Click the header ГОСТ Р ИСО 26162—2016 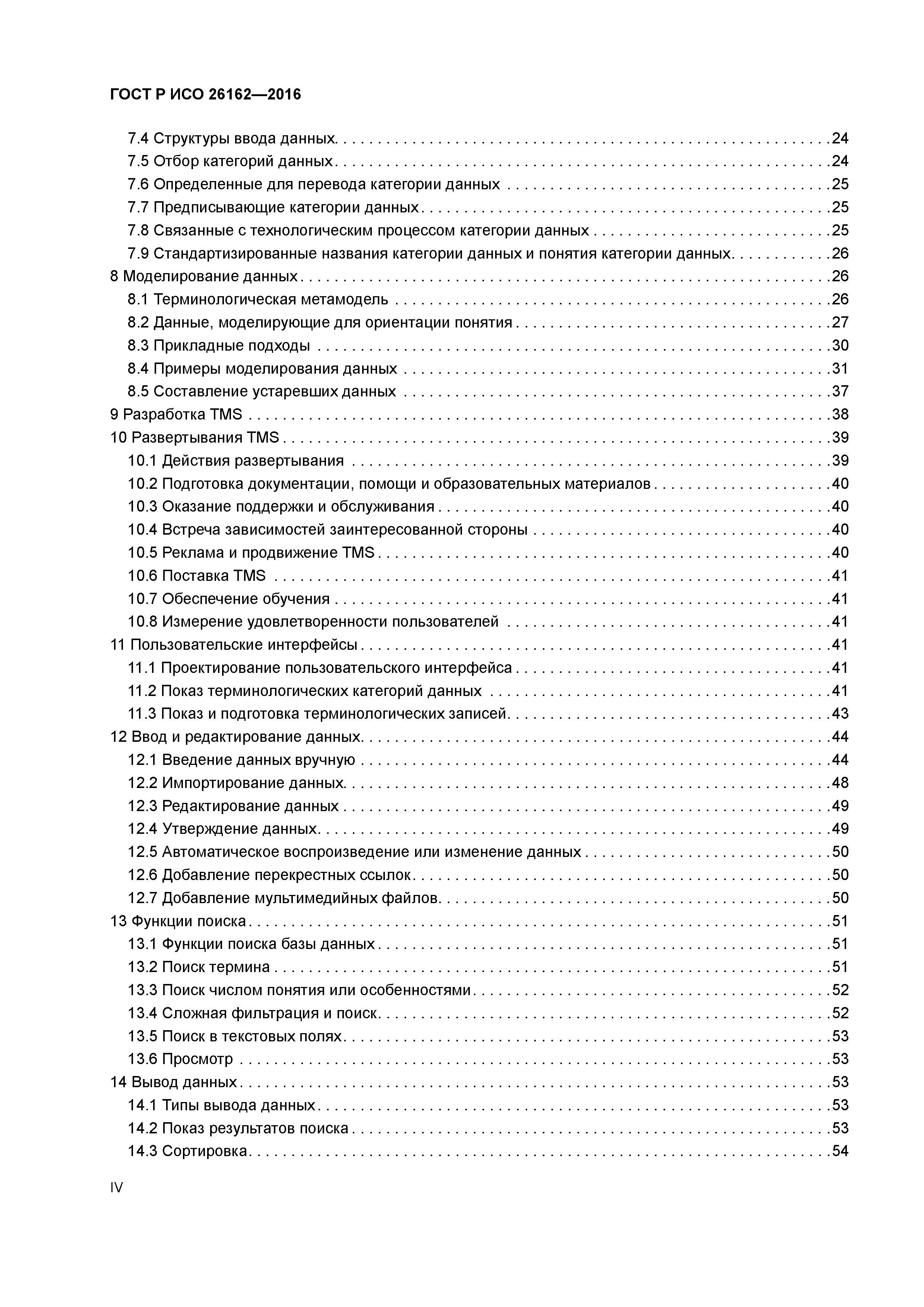205,95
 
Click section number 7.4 138,138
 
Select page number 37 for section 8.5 840,392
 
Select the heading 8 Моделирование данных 203,277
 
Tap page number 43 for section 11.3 840,714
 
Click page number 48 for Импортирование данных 840,783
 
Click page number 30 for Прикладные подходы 840,345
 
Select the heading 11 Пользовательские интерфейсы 233,645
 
